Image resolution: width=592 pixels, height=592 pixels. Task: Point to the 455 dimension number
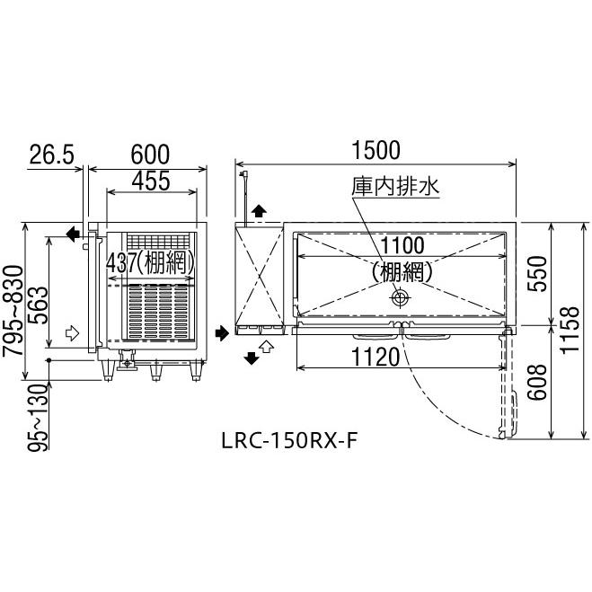[152, 181]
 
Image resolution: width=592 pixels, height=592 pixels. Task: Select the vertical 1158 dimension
[566, 331]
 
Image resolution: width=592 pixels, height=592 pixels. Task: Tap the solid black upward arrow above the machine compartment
[259, 211]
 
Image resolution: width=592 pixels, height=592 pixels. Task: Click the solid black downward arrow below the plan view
[252, 358]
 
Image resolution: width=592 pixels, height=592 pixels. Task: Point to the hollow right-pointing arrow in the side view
[73, 334]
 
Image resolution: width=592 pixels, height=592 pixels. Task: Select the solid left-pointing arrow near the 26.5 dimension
[73, 234]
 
